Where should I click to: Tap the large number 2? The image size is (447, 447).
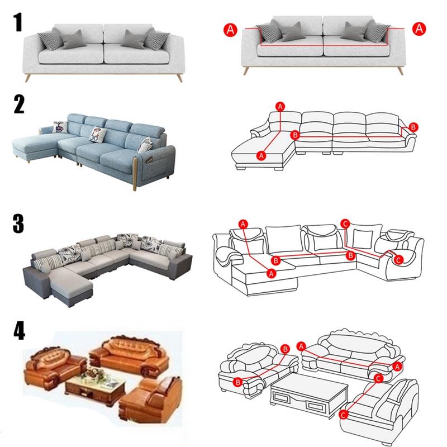pos(19,104)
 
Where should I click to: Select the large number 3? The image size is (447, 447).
pos(18,224)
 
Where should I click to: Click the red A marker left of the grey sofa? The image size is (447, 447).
pos(230,30)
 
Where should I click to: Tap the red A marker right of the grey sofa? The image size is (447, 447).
pos(419,29)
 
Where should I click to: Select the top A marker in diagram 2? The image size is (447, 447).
pos(280,107)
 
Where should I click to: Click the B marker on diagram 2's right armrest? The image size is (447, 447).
pos(413,127)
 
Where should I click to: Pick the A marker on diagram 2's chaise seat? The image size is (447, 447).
pos(261,156)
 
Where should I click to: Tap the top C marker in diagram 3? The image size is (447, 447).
pos(345,223)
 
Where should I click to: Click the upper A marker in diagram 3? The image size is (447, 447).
pos(243,224)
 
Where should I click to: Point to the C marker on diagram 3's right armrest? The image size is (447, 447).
pos(398,260)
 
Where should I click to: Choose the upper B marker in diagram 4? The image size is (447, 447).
pos(285,349)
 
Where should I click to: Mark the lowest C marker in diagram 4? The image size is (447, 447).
pos(344,414)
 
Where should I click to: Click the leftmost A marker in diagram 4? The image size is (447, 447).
pos(301,346)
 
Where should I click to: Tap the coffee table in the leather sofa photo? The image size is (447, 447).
pos(96,385)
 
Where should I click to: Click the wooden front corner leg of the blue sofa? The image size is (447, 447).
pos(135,174)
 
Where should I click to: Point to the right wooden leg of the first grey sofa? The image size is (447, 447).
pos(179,78)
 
